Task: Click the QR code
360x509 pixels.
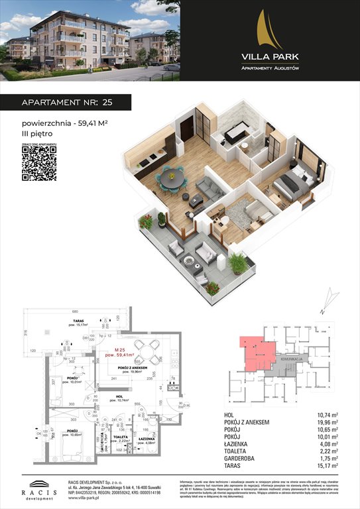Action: tap(38, 163)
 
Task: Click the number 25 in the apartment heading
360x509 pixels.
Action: tap(106, 103)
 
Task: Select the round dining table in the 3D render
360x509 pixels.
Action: tap(172, 177)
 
